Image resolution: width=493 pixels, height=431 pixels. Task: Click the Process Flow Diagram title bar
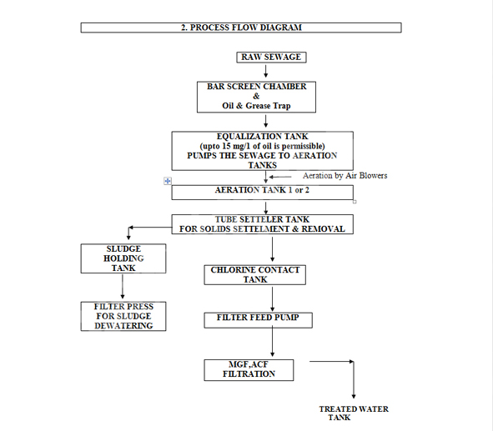(241, 28)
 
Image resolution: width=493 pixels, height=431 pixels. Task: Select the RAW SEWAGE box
(271, 58)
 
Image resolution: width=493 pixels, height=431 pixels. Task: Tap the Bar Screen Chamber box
(256, 97)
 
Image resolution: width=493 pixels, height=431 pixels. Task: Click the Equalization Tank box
(262, 151)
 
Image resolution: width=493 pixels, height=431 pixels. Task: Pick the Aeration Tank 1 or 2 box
(262, 193)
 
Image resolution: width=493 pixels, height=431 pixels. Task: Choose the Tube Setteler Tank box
(262, 224)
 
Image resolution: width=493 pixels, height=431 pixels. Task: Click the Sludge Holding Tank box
(123, 258)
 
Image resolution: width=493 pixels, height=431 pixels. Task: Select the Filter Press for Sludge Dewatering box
(123, 316)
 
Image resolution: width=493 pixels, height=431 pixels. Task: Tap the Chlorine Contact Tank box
(255, 275)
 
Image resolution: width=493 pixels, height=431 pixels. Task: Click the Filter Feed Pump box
(258, 320)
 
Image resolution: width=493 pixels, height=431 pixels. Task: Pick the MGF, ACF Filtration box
(249, 370)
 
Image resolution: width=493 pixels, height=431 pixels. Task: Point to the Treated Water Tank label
(354, 413)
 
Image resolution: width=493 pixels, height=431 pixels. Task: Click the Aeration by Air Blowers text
(345, 176)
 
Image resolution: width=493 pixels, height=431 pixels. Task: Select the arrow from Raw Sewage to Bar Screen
(265, 72)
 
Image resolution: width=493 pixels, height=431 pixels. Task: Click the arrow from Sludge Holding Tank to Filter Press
(123, 287)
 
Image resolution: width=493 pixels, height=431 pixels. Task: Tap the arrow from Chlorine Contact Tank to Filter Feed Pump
(272, 299)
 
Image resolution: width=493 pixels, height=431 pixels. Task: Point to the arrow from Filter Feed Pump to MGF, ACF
(272, 341)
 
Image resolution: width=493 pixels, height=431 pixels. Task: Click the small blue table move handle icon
(168, 181)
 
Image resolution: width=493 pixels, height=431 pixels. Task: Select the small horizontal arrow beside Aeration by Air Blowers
(280, 177)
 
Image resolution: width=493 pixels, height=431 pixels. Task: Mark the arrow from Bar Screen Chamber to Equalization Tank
(265, 121)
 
